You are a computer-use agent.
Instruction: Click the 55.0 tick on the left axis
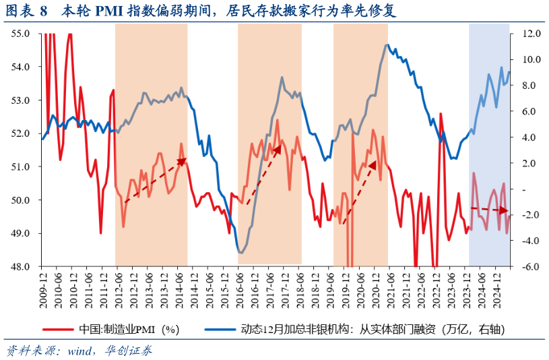(20, 33)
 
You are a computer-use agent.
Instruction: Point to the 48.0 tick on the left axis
(20, 266)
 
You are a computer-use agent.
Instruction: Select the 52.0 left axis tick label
(20, 133)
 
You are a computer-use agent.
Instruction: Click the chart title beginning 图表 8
(202, 11)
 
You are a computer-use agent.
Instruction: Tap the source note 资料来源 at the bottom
(79, 351)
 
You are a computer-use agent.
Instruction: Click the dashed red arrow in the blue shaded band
(489, 210)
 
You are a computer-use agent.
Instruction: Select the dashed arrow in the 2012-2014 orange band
(155, 181)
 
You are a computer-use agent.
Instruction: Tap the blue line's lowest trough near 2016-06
(240, 252)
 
